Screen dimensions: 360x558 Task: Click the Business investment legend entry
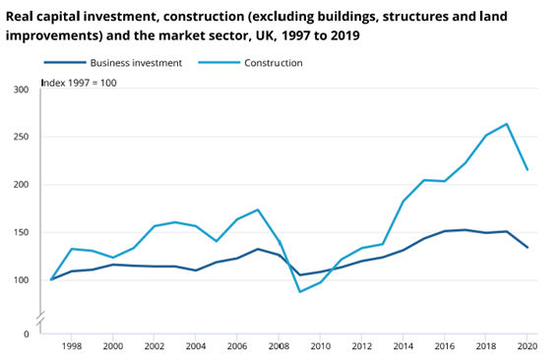[116, 63]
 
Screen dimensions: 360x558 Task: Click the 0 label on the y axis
[27, 334]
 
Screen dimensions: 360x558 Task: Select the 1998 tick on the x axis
[73, 347]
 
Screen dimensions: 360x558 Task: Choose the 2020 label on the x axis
[527, 347]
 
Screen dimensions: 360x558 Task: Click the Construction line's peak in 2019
[506, 124]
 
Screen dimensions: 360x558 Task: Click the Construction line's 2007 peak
[258, 210]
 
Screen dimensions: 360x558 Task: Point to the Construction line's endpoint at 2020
[527, 170]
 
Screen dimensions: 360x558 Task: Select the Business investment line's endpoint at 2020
[527, 247]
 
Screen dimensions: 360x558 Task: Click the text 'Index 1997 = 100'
[79, 82]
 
